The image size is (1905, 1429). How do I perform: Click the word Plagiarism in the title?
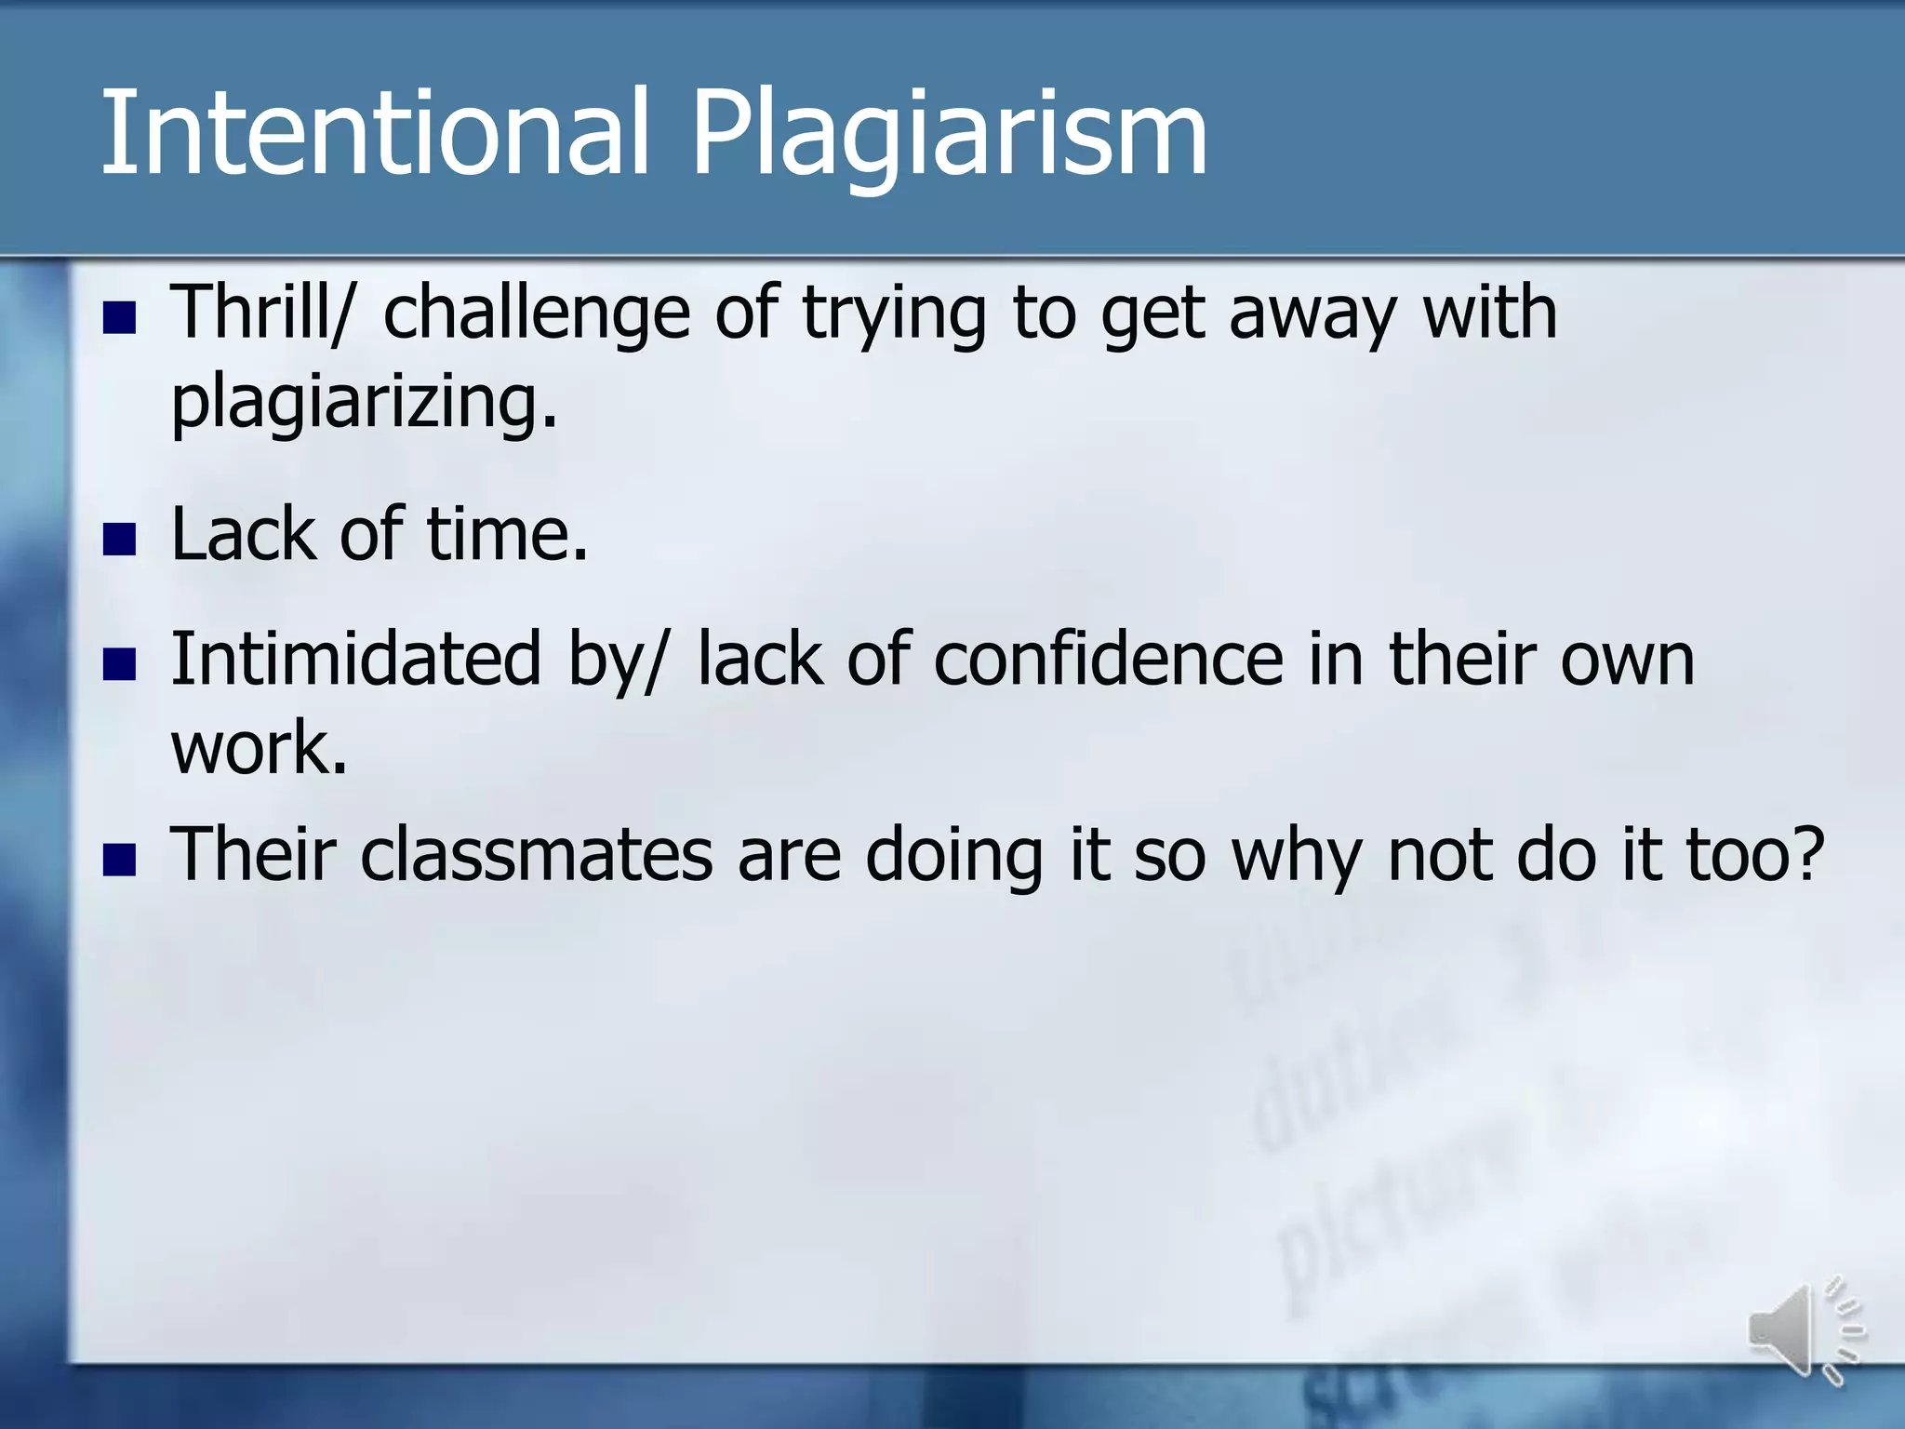[949, 135]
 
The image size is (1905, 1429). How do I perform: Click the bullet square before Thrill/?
[120, 318]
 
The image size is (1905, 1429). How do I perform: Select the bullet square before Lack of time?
[120, 540]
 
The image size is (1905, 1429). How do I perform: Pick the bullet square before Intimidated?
[120, 664]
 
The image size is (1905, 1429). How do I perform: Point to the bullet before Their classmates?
[120, 860]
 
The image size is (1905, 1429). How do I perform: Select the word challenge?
[537, 314]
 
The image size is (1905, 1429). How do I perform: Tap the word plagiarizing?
[364, 402]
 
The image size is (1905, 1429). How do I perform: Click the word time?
[507, 535]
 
